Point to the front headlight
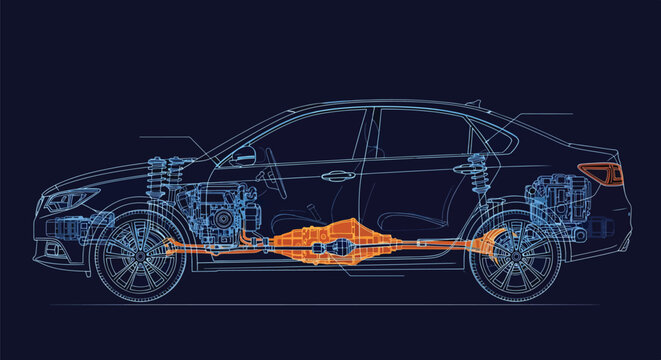[68, 200]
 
